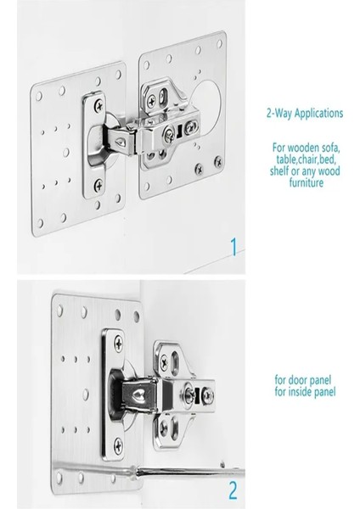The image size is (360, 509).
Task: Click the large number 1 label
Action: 234,247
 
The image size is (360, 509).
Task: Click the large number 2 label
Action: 233,490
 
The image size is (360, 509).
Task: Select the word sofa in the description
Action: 330,148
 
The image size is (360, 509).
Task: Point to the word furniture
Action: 306,182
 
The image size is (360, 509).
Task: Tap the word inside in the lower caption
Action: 301,391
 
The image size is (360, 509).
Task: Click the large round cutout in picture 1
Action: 206,104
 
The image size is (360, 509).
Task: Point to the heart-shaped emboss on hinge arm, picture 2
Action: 138,395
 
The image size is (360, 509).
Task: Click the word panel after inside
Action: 325,391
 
